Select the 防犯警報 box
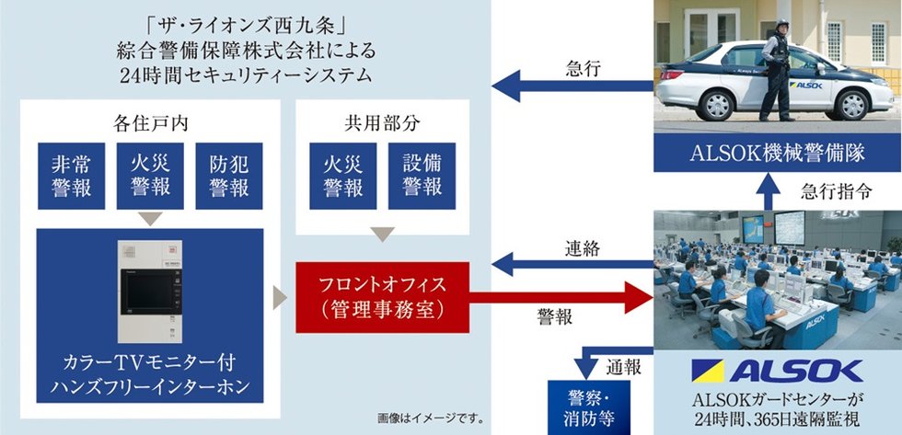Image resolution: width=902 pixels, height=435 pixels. tap(229, 175)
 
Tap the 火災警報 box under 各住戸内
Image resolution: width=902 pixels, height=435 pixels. tap(150, 175)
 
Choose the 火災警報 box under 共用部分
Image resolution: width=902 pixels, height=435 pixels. tap(342, 175)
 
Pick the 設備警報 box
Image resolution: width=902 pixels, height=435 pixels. tap(422, 175)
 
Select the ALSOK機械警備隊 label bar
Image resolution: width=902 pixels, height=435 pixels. tap(777, 152)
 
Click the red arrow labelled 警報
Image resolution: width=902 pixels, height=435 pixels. tap(571, 296)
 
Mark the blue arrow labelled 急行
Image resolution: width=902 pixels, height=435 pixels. tap(571, 86)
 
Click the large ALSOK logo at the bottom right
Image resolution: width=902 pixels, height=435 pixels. tap(777, 371)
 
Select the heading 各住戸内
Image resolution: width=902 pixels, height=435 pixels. tap(150, 120)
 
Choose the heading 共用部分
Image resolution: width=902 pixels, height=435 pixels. tap(382, 120)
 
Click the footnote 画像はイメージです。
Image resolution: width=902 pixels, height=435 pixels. tap(431, 418)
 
